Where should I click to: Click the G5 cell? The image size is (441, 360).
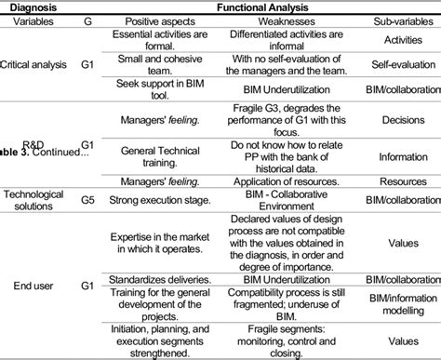87,199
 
